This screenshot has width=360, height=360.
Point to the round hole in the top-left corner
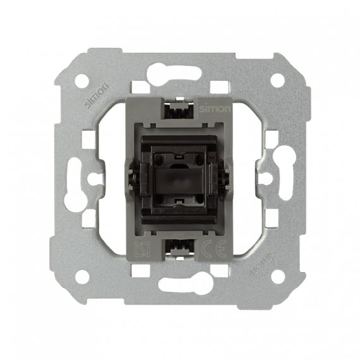(x=82, y=81)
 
